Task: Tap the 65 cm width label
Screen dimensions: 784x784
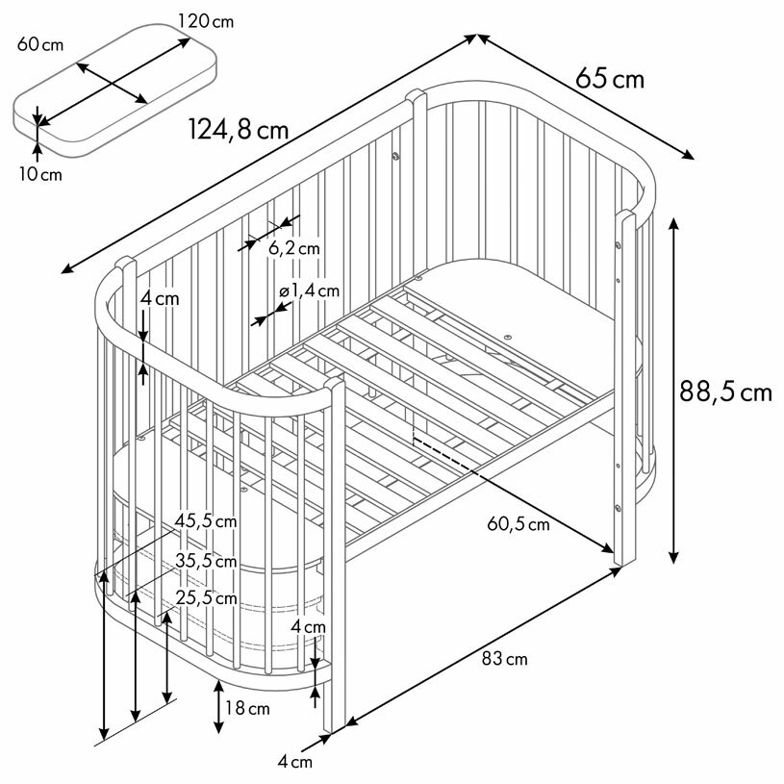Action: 610,77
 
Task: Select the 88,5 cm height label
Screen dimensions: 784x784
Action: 726,391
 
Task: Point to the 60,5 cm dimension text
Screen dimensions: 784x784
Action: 518,524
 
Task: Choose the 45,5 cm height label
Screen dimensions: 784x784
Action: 205,521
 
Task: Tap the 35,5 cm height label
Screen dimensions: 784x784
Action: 206,561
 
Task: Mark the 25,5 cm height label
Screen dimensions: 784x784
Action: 206,598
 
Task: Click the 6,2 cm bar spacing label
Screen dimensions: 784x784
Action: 293,248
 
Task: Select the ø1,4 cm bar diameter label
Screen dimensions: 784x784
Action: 308,291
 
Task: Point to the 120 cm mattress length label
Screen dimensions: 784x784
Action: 205,21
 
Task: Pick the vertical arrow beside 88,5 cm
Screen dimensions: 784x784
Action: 673,390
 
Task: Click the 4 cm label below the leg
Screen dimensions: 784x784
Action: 295,763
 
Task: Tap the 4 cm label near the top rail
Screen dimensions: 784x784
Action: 159,298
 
